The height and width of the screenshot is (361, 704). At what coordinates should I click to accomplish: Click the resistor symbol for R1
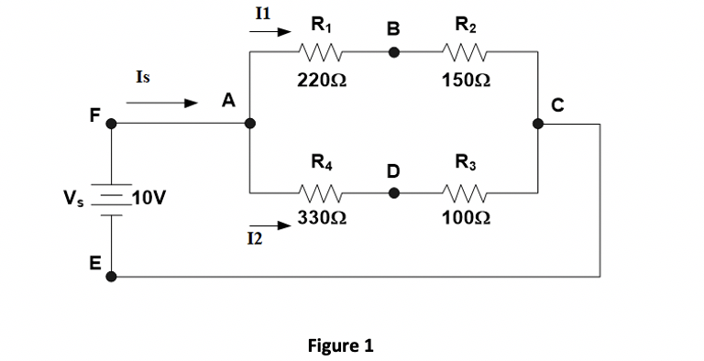pyautogui.click(x=322, y=53)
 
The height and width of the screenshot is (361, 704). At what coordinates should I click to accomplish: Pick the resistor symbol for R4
pyautogui.click(x=322, y=193)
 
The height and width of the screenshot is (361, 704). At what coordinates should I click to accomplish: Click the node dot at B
pyautogui.click(x=393, y=53)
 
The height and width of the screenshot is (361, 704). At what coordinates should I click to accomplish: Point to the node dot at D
pyautogui.click(x=393, y=193)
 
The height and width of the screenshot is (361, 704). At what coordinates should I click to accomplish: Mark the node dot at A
pyautogui.click(x=249, y=122)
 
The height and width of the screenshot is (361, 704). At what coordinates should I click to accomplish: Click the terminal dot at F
pyautogui.click(x=111, y=122)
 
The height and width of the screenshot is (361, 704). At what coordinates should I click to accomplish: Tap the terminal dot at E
pyautogui.click(x=111, y=274)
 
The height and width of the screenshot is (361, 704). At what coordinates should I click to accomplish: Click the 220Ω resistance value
pyautogui.click(x=322, y=80)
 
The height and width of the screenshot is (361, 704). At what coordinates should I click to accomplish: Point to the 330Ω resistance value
pyautogui.click(x=322, y=219)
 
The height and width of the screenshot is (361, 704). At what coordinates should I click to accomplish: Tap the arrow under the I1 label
pyautogui.click(x=271, y=30)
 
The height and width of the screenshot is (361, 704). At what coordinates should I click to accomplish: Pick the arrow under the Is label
pyautogui.click(x=162, y=104)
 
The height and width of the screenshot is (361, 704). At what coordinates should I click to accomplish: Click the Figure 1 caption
pyautogui.click(x=340, y=345)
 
